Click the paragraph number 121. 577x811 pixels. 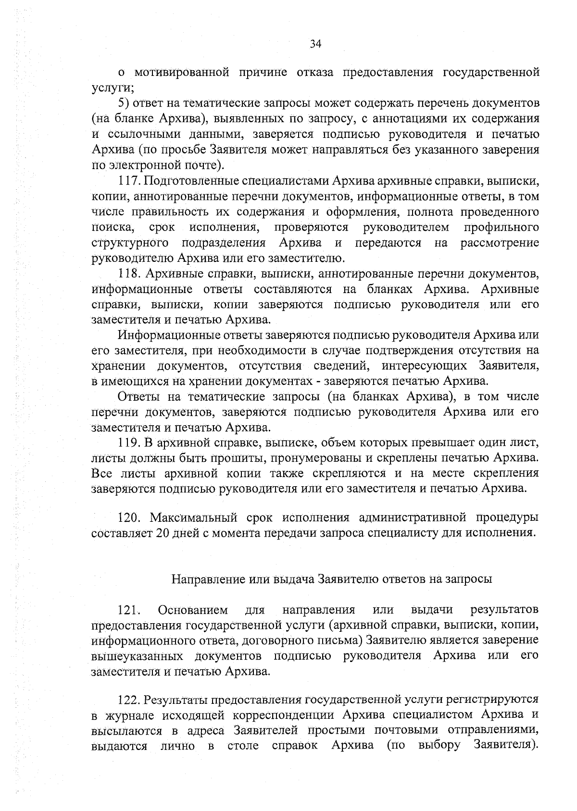pyautogui.click(x=129, y=610)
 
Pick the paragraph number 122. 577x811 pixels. pyautogui.click(x=129, y=699)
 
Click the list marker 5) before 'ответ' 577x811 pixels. pyautogui.click(x=124, y=103)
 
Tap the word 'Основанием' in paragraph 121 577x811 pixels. pyautogui.click(x=193, y=610)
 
